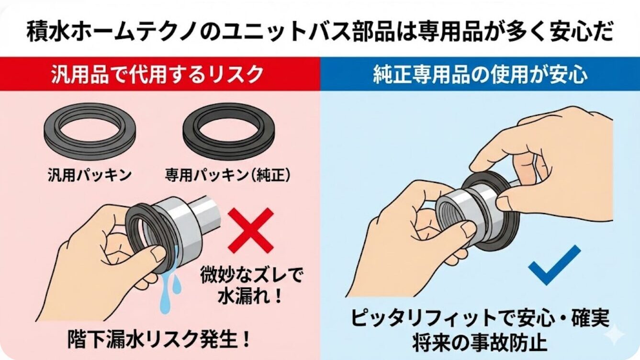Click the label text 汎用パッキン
pyautogui.click(x=90, y=175)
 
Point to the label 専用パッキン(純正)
pyautogui.click(x=228, y=175)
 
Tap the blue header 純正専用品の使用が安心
pyautogui.click(x=480, y=74)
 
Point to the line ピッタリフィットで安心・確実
pyautogui.click(x=480, y=317)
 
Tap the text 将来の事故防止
pyautogui.click(x=480, y=341)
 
